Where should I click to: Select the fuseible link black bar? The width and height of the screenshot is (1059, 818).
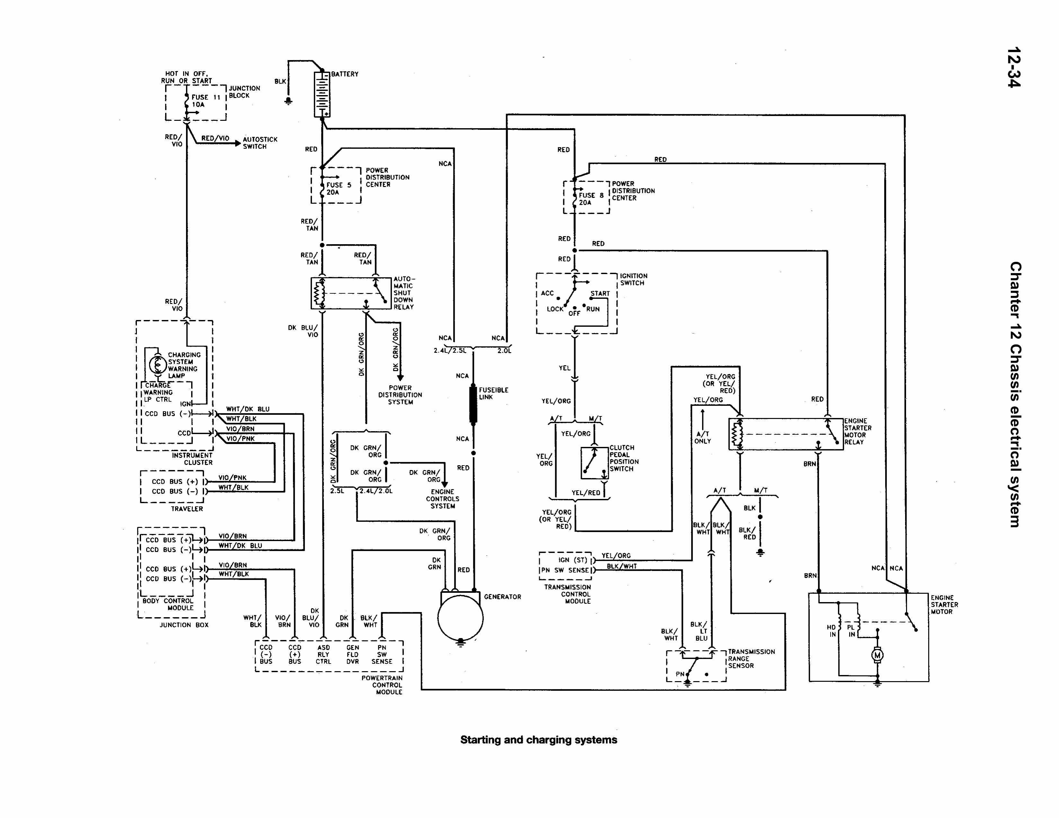tap(473, 404)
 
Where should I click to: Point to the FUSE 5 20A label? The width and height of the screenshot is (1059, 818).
tap(338, 189)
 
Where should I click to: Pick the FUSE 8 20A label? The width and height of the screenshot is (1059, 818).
tap(591, 199)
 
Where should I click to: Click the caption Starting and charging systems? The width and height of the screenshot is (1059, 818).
tap(538, 740)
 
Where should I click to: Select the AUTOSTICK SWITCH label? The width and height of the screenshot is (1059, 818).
tap(260, 143)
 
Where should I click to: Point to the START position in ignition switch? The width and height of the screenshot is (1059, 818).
tap(600, 293)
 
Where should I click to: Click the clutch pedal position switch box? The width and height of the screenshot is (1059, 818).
tap(594, 463)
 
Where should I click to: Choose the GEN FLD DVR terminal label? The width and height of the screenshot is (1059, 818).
tap(352, 654)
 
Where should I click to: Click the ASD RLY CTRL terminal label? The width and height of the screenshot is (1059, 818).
tap(324, 654)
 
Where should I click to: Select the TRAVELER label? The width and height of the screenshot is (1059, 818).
tap(187, 509)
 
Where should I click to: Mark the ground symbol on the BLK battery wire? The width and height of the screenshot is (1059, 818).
tap(289, 101)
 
